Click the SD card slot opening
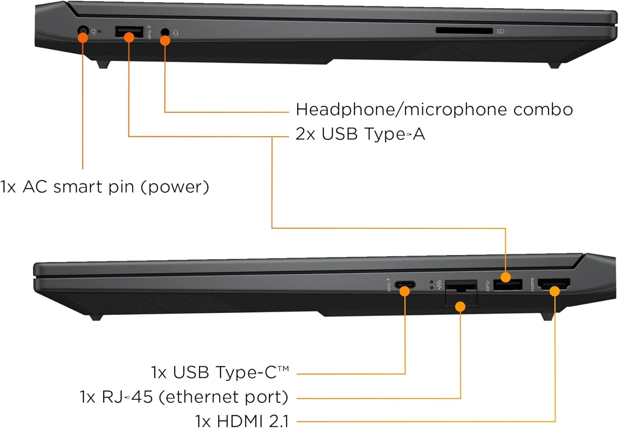pyautogui.click(x=464, y=31)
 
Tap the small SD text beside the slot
pyautogui.click(x=500, y=31)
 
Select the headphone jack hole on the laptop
pyautogui.click(x=165, y=32)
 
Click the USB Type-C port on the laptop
pyautogui.click(x=405, y=284)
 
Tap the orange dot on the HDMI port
pyautogui.click(x=555, y=291)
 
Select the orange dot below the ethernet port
pyautogui.click(x=460, y=306)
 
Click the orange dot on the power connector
pyautogui.click(x=83, y=38)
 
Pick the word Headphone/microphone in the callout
pyautogui.click(x=401, y=110)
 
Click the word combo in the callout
pyautogui.click(x=543, y=110)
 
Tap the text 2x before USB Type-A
pyautogui.click(x=305, y=134)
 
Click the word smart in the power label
pyautogui.click(x=78, y=187)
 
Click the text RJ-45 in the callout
pyautogui.click(x=128, y=397)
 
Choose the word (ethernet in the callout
pyautogui.click(x=197, y=397)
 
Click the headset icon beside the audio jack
pyautogui.click(x=175, y=33)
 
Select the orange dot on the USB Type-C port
pyautogui.click(x=404, y=291)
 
